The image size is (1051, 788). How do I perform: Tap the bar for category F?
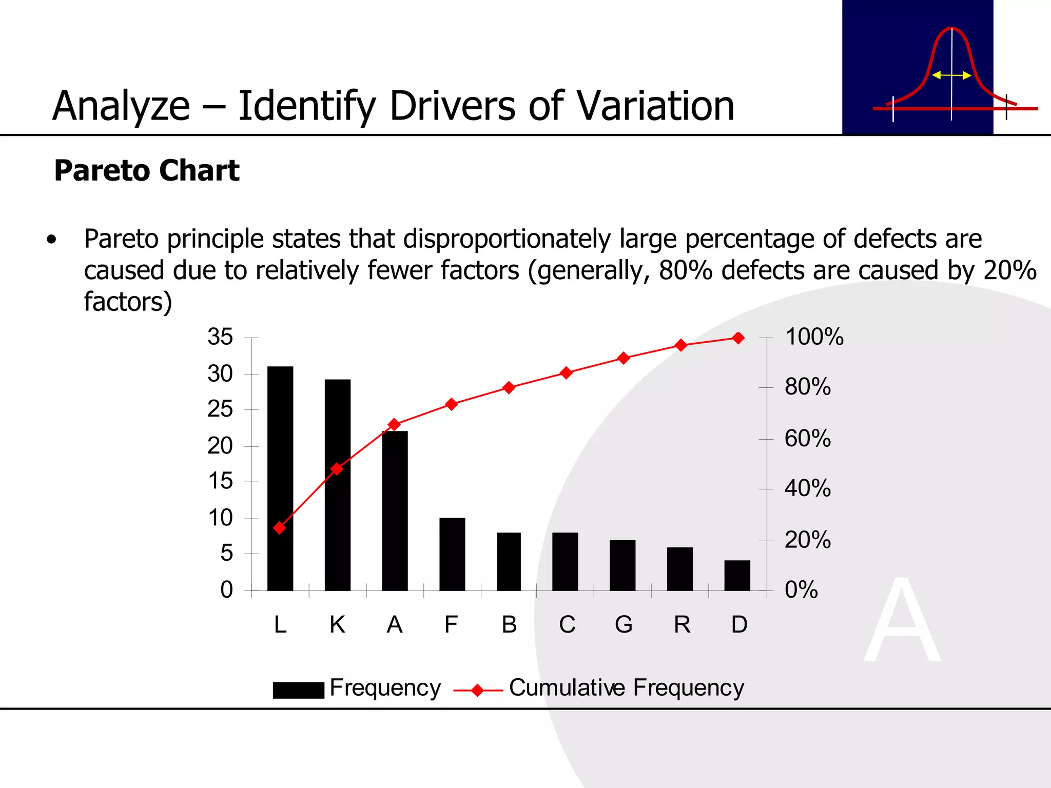(x=452, y=554)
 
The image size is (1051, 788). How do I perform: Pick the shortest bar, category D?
(x=737, y=575)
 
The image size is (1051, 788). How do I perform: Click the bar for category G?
(x=622, y=565)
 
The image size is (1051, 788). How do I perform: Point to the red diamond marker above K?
(x=337, y=468)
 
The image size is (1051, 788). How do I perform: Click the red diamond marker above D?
(x=738, y=338)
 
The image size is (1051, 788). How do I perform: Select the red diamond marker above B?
(x=509, y=387)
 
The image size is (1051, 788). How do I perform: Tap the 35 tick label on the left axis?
(x=220, y=337)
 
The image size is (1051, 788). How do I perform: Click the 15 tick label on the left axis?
(x=220, y=481)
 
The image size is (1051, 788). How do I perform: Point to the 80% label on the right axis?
(x=807, y=387)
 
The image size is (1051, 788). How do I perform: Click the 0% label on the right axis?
(x=801, y=590)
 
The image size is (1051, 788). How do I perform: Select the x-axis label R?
(x=682, y=625)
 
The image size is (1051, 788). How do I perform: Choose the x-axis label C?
(x=567, y=625)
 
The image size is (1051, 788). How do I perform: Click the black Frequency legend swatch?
(x=298, y=690)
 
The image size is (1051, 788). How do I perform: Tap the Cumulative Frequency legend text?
(x=626, y=688)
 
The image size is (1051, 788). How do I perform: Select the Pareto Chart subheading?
(x=147, y=170)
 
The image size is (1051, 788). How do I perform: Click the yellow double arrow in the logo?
(x=951, y=75)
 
